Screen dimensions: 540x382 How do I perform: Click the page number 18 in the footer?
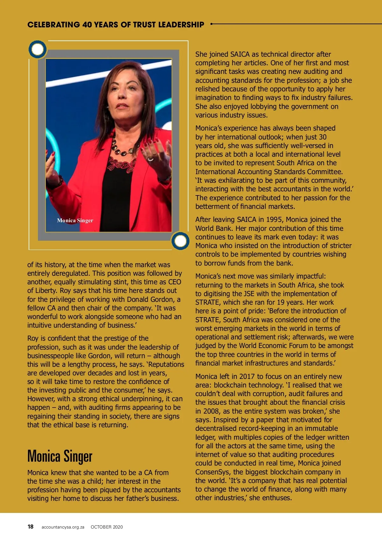pyautogui.click(x=31, y=527)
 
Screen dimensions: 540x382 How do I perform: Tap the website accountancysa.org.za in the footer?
pyautogui.click(x=63, y=527)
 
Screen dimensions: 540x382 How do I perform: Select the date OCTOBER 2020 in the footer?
pyautogui.click(x=107, y=527)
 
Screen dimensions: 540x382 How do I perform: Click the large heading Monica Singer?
pyautogui.click(x=60, y=456)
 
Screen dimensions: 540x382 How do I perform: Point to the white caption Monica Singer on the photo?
pyautogui.click(x=75, y=220)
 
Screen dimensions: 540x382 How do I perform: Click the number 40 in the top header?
pyautogui.click(x=87, y=25)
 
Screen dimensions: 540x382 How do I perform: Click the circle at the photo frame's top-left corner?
pyautogui.click(x=38, y=49)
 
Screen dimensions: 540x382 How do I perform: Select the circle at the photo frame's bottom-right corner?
pyautogui.click(x=180, y=241)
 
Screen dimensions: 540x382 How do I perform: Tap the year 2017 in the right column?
pyautogui.click(x=247, y=376)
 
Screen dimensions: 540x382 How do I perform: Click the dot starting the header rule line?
pyautogui.click(x=211, y=24)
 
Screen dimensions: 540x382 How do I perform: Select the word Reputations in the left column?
pyautogui.click(x=166, y=364)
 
